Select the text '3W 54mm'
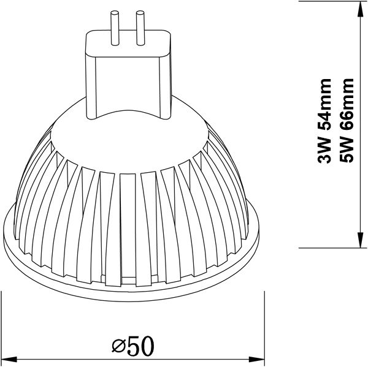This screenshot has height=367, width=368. (x=326, y=121)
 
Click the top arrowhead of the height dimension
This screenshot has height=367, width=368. (x=358, y=7)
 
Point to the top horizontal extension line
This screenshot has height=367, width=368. (x=331, y=2)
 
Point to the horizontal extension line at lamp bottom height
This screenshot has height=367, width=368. (x=331, y=246)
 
